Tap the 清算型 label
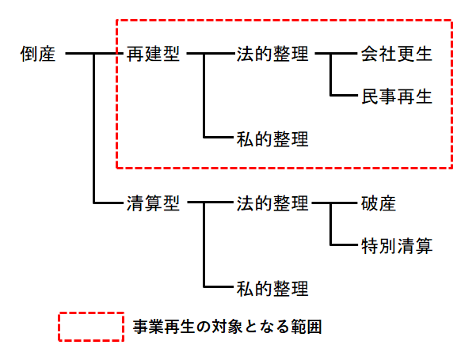(153, 203)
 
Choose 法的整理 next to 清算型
(272, 203)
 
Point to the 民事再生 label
(396, 97)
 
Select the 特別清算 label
(396, 245)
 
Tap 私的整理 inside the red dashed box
(272, 138)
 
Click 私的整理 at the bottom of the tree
(272, 287)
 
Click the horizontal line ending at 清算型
(109, 203)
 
